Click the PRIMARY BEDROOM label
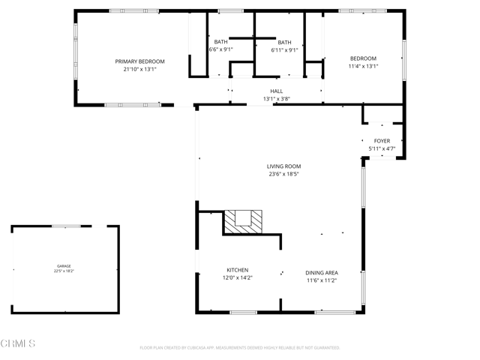(x=139, y=61)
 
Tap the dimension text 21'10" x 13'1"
(x=139, y=69)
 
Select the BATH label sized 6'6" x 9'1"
(x=220, y=42)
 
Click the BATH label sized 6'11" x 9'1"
(x=284, y=42)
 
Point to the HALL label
(x=276, y=91)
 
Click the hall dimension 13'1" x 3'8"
(x=276, y=99)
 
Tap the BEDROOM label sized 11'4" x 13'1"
(x=363, y=58)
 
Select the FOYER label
(x=382, y=140)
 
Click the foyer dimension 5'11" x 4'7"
(x=382, y=148)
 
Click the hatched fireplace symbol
(x=244, y=221)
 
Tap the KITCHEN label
(x=238, y=270)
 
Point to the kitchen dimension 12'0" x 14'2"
(x=238, y=278)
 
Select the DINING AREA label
(x=321, y=272)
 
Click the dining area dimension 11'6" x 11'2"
(x=321, y=280)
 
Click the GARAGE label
(x=65, y=265)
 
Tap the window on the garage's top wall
(x=66, y=226)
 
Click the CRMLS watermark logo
(x=19, y=344)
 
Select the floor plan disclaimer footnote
(x=240, y=348)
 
